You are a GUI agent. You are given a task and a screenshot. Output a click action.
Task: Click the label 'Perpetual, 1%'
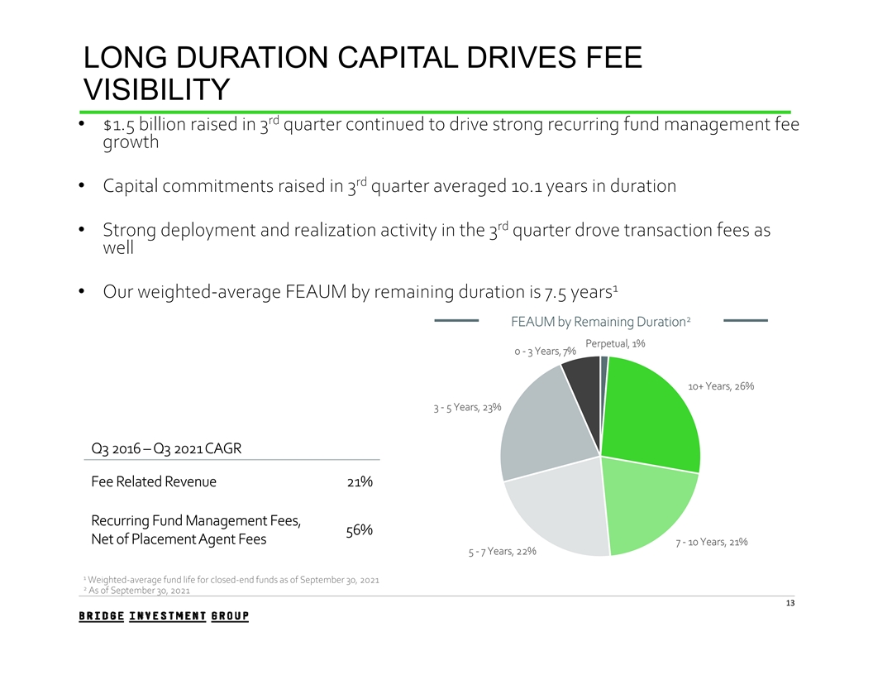615,343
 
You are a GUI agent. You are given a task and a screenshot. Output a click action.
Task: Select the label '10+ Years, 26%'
720,386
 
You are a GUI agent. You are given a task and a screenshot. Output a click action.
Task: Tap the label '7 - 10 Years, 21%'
711,543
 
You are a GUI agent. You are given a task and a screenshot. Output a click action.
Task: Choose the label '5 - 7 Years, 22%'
497,552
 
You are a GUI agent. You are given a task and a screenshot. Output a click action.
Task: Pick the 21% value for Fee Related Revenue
360,482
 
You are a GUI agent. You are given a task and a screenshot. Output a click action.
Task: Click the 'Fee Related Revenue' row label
153,482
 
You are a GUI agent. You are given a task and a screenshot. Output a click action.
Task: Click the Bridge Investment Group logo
164,616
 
